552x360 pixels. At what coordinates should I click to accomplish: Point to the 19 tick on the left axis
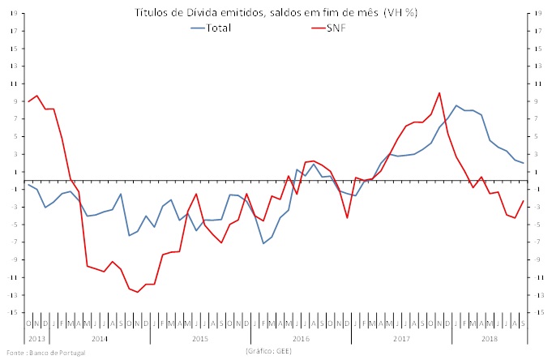click(x=14, y=14)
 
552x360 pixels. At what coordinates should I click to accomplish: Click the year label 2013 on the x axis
click(x=37, y=336)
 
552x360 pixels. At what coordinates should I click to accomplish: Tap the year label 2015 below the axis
click(x=200, y=336)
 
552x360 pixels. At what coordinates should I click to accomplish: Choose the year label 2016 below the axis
click(x=302, y=336)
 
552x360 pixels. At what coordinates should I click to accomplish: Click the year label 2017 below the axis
click(x=401, y=336)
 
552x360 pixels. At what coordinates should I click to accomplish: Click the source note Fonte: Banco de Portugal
click(x=41, y=353)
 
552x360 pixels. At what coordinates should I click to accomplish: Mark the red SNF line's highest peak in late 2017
click(x=439, y=92)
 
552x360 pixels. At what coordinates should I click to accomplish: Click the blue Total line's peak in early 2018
click(x=456, y=105)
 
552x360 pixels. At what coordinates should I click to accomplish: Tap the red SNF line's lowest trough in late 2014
click(x=138, y=292)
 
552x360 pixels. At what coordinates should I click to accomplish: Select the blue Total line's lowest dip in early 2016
click(x=263, y=243)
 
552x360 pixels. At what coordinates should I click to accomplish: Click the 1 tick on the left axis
click(x=15, y=172)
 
